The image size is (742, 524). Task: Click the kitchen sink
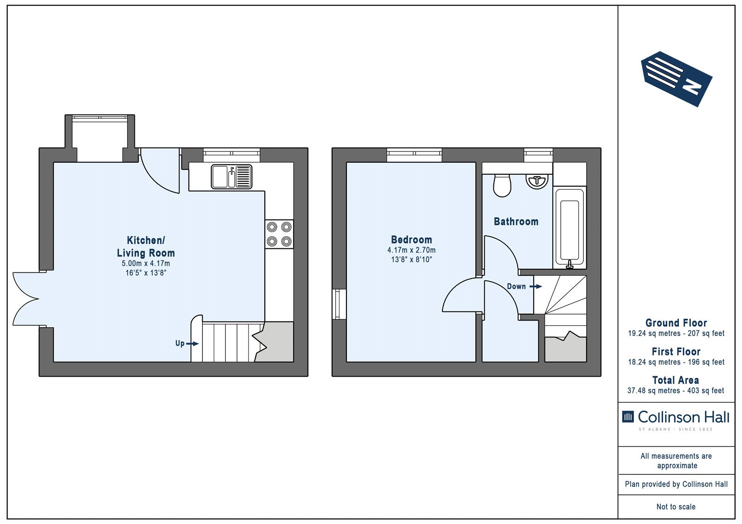click(x=231, y=177)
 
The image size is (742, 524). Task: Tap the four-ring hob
click(x=279, y=234)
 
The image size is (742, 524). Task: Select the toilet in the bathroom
click(x=502, y=186)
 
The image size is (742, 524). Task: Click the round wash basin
click(x=537, y=182)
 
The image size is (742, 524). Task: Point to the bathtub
click(x=570, y=228)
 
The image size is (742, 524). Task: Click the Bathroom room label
click(x=516, y=221)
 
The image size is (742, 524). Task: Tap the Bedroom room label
click(x=411, y=240)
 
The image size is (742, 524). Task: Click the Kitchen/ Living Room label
click(x=146, y=246)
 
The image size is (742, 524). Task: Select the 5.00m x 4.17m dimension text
click(x=146, y=264)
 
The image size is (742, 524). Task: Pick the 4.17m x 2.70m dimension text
click(x=411, y=250)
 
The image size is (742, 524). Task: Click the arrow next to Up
click(x=192, y=344)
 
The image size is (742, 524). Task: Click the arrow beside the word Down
click(x=536, y=286)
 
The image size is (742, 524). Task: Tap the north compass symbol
click(x=677, y=79)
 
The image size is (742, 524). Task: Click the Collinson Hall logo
click(x=676, y=420)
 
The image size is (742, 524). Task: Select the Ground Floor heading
click(x=676, y=323)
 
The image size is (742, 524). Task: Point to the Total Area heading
click(x=676, y=380)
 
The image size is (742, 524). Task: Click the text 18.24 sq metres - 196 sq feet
click(x=676, y=362)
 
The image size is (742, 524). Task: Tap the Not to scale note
click(x=676, y=506)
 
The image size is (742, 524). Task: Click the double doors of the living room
click(x=26, y=299)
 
